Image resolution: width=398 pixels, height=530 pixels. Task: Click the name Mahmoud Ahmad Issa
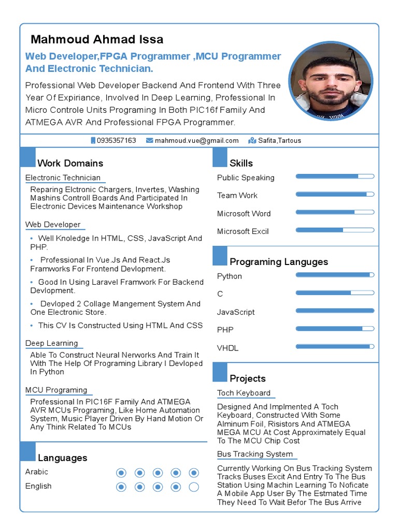[97, 39]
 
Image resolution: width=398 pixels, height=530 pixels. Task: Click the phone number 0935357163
[116, 140]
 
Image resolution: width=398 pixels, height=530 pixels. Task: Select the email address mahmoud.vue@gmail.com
[196, 140]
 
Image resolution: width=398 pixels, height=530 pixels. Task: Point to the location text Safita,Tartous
[279, 140]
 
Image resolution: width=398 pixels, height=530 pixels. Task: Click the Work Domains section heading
[70, 163]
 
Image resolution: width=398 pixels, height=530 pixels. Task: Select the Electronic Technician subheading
[63, 178]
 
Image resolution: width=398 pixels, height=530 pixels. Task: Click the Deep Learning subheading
[51, 343]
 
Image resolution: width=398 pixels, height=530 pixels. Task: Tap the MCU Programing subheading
[56, 390]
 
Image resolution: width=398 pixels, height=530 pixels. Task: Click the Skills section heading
[241, 163]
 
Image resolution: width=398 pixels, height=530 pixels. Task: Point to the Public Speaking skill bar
[335, 176]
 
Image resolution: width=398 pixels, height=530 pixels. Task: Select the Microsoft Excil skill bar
[335, 230]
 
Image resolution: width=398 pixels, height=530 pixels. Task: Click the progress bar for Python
[335, 275]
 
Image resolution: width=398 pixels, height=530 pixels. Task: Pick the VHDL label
[228, 348]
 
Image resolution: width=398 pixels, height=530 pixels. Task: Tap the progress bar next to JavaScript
[335, 311]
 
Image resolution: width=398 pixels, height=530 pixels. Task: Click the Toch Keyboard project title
[244, 393]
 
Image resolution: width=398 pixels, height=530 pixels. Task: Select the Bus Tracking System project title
[255, 454]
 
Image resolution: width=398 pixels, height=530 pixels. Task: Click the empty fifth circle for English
[194, 487]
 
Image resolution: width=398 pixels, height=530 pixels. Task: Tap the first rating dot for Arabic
[121, 473]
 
